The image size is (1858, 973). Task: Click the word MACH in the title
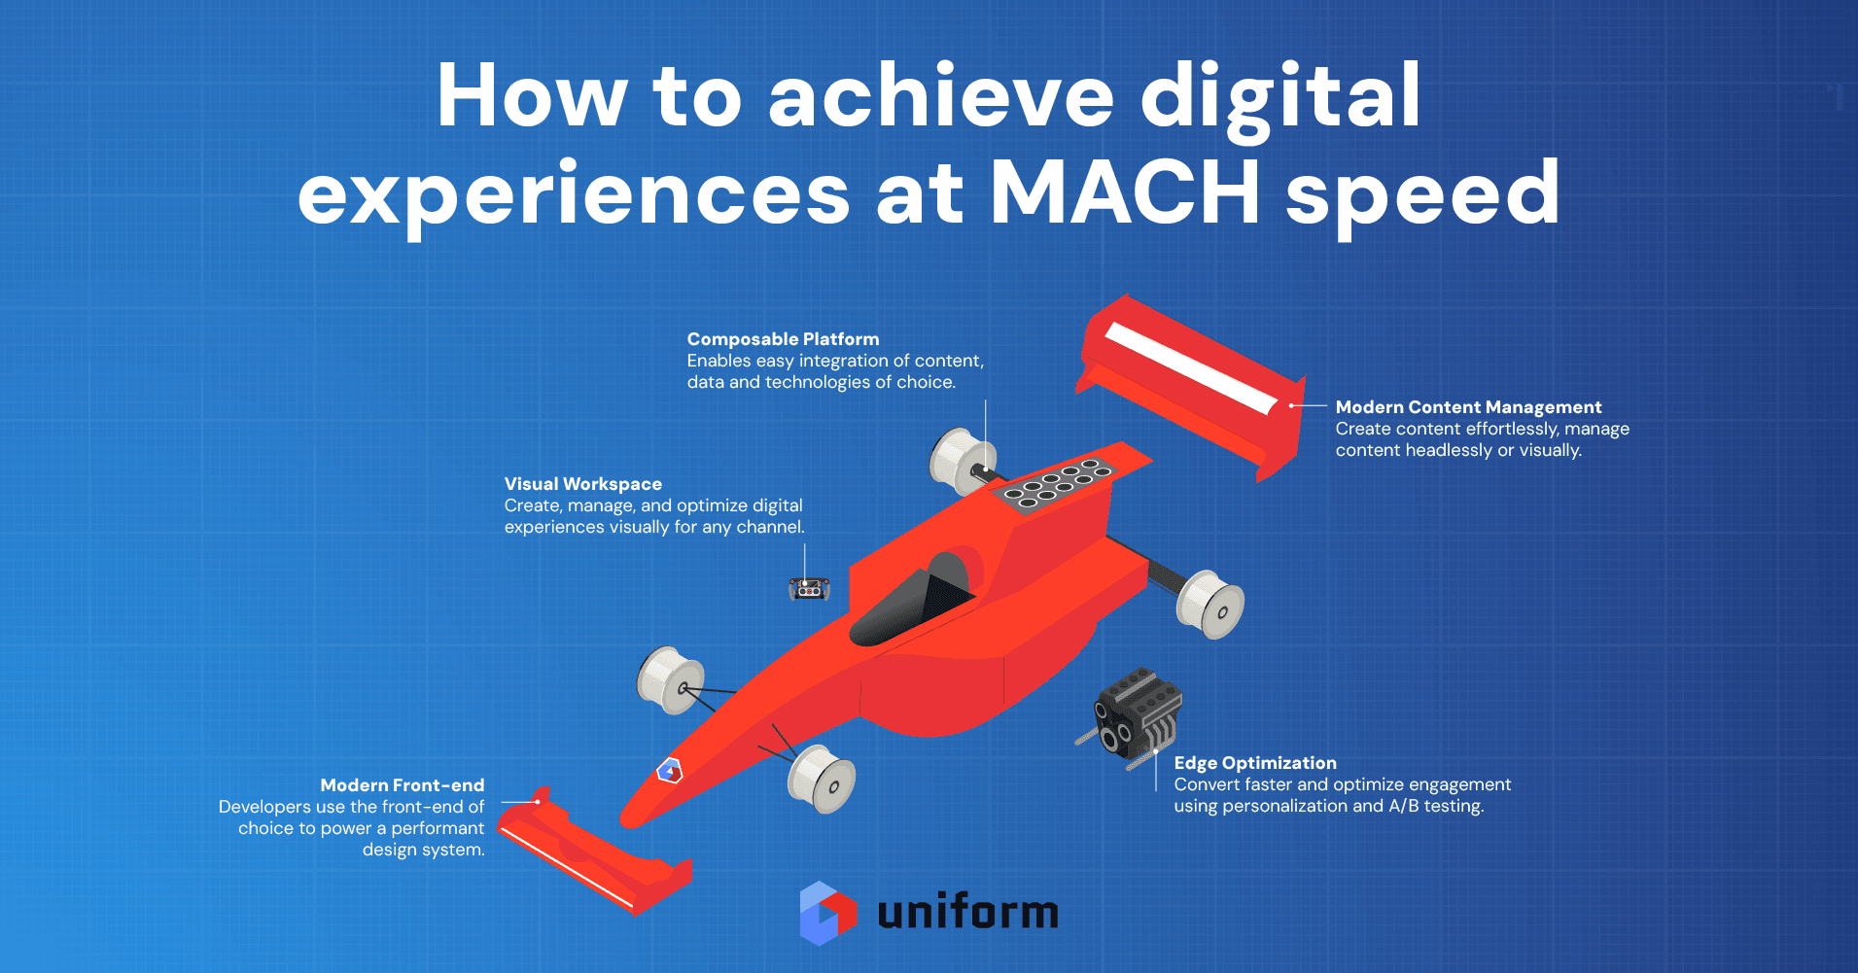click(1125, 191)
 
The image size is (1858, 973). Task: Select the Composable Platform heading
click(783, 339)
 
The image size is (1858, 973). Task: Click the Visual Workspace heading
click(582, 484)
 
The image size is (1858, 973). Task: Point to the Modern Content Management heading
click(1468, 407)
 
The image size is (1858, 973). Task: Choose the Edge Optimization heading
click(1255, 763)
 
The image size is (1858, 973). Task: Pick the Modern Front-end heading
click(403, 785)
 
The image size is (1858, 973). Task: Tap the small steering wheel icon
click(809, 588)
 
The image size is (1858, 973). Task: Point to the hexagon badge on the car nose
click(670, 771)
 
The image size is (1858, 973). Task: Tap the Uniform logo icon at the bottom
click(828, 913)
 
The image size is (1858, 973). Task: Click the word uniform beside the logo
click(967, 912)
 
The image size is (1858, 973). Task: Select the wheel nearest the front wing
click(822, 779)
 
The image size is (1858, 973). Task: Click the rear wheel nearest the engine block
click(1210, 605)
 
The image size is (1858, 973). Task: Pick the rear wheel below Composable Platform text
click(963, 461)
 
